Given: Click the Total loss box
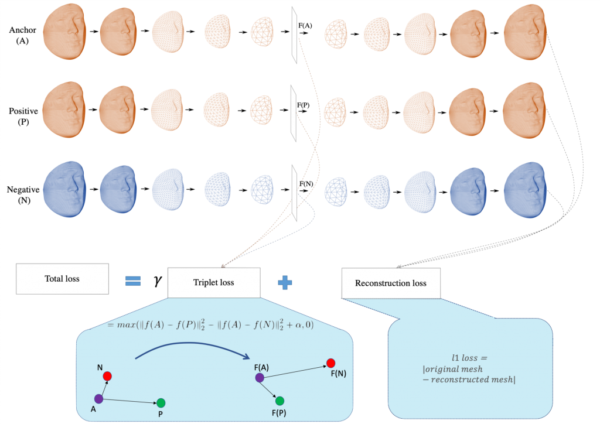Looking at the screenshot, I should [x=62, y=279].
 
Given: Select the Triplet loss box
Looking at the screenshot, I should [x=214, y=282].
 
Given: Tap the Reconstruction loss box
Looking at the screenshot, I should [x=391, y=283].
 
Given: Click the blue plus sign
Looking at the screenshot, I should [x=285, y=283].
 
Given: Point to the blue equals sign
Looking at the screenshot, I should [x=134, y=282].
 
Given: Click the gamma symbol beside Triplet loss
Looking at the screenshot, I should [x=157, y=282].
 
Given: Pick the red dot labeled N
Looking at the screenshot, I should [x=107, y=376].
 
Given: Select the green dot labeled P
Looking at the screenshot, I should [x=161, y=403].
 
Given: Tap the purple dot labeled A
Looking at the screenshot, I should [x=98, y=399].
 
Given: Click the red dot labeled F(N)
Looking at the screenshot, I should [x=331, y=363].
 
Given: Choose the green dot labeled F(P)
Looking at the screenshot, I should [x=279, y=401].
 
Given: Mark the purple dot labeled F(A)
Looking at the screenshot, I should [x=260, y=378].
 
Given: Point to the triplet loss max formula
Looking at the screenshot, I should [x=211, y=325].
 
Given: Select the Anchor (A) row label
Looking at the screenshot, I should [x=23, y=35].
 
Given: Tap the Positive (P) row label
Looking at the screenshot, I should [x=23, y=117].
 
